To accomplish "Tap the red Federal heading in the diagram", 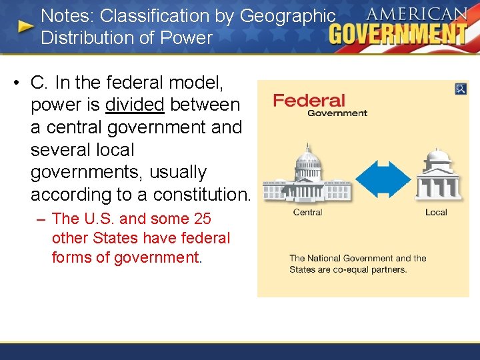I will tap(309, 100).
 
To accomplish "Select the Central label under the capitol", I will tap(307, 212).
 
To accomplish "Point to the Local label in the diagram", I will tap(436, 212).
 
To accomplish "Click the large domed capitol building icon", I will tap(307, 175).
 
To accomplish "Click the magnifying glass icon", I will tap(461, 89).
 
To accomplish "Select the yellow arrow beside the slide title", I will tap(26, 27).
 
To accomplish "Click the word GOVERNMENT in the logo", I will tap(398, 33).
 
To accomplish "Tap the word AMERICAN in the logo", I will tap(417, 13).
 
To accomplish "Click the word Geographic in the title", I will tap(287, 15).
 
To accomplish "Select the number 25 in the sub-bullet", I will tap(202, 218).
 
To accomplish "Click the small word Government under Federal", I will tap(337, 113).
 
